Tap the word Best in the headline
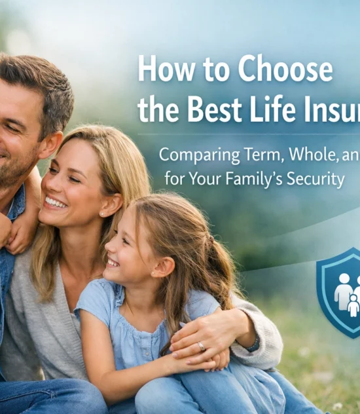[217, 109]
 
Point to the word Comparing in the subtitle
[198, 156]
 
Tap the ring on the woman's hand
[202, 347]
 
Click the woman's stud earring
[104, 214]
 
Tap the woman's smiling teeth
[56, 202]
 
